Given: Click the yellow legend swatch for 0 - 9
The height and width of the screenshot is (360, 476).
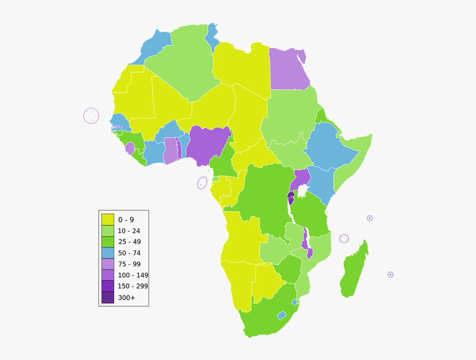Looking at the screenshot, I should coord(108,220).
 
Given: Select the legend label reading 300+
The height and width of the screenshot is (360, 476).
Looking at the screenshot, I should coord(126,298).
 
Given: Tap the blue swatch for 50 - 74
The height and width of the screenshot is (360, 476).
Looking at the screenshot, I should coord(108,253).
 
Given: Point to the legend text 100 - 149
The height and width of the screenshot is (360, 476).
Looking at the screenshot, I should coord(133,275).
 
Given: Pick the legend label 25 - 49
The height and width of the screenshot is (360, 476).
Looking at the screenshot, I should coord(129,242).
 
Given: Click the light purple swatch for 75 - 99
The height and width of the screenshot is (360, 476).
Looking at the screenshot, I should coord(108,264).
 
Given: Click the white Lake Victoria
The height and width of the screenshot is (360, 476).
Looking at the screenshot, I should coord(303,191).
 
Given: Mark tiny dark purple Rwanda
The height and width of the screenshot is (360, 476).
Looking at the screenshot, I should coord(291,195).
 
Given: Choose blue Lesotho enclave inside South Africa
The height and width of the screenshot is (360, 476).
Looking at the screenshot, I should coord(282,315).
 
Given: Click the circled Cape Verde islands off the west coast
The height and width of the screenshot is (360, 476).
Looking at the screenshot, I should coord(91,116).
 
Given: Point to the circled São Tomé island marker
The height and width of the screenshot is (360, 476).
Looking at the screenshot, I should coord(202,183).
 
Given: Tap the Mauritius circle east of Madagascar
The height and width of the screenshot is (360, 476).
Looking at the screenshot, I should coord(390,274).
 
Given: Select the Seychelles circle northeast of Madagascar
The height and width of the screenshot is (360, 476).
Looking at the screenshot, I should coord(370,218).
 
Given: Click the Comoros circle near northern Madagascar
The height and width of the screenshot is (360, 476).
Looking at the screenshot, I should coord(344,238).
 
